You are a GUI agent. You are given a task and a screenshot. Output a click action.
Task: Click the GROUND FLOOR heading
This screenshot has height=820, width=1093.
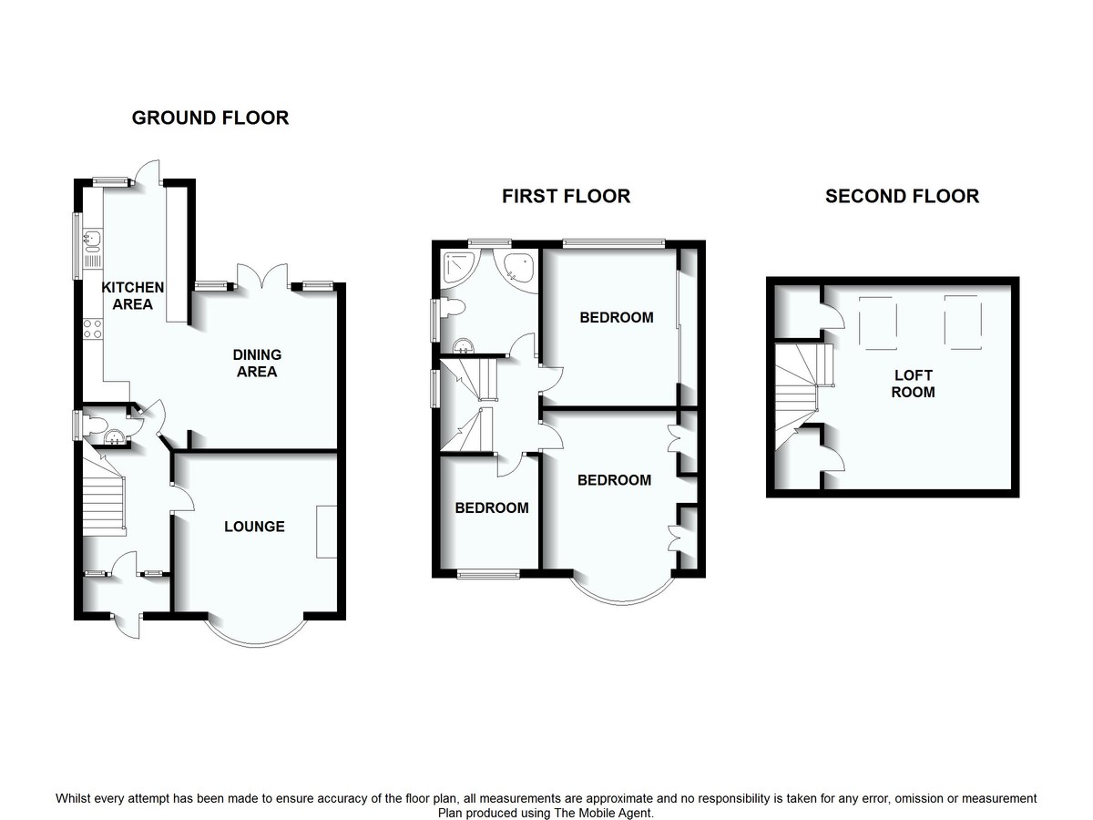(x=210, y=118)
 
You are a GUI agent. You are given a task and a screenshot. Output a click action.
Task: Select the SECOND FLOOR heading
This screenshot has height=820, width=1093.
(x=902, y=196)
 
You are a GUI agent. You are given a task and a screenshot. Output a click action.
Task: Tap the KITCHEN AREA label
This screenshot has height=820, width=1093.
(x=132, y=295)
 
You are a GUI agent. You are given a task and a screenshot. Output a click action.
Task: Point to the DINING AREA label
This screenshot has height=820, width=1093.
(x=257, y=363)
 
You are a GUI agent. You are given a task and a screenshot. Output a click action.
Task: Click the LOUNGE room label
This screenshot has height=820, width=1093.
(x=255, y=527)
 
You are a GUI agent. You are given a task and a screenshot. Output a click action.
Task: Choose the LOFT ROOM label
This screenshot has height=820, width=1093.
(x=913, y=384)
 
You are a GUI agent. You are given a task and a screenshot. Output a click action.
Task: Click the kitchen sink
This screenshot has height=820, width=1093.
(x=91, y=242)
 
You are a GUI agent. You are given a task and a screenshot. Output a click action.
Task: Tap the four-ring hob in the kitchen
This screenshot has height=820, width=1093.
(x=92, y=328)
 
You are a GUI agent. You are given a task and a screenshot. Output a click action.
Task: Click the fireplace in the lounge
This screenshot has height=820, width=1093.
(x=326, y=531)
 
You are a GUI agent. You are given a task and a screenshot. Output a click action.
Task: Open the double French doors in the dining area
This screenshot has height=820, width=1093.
(x=262, y=277)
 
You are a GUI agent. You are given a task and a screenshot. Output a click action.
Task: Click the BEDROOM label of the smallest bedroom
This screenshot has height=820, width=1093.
(x=492, y=508)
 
